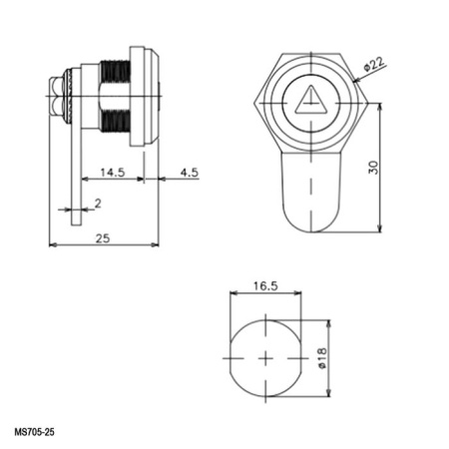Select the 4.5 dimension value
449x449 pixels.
tap(188, 172)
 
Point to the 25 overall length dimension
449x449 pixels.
tap(103, 237)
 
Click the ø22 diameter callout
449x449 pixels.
tap(374, 65)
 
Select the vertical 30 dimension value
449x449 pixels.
tap(372, 167)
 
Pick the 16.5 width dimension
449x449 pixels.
tap(264, 285)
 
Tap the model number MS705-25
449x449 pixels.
tap(35, 433)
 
